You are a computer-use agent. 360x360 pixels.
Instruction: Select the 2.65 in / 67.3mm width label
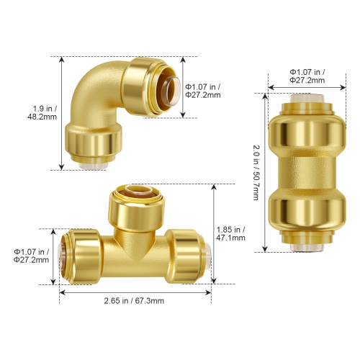pyautogui.click(x=133, y=301)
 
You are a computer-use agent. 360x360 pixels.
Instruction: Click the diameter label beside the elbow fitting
pyautogui.click(x=204, y=90)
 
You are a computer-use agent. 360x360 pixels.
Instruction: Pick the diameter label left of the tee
pyautogui.click(x=32, y=256)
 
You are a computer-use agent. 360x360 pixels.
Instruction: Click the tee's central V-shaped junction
pyautogui.click(x=132, y=248)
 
